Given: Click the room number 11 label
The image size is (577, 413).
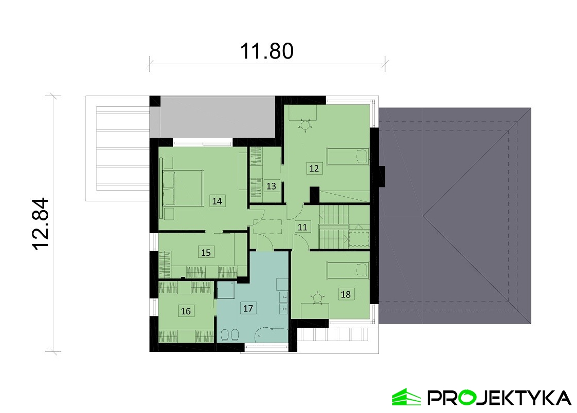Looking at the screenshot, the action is coord(302,227).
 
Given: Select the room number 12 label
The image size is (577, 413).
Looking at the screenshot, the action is coord(314,168).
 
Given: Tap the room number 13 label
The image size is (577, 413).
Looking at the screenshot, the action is coord(271,186).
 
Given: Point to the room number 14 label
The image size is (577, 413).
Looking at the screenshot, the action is coord(217,201).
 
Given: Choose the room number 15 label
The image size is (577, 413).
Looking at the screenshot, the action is coord(206,253).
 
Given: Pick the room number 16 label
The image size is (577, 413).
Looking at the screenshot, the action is coord(186,311).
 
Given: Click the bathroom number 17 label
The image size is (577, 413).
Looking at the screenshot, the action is coord(248,308).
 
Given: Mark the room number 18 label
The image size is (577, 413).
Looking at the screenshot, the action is coord(345,294).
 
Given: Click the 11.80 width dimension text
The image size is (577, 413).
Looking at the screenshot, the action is coord(267,51).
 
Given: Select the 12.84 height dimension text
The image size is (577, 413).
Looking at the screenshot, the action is coord(41,224).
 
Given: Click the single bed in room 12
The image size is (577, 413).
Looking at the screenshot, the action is coord(348,157).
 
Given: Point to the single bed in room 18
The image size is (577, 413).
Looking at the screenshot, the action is coord(348,271).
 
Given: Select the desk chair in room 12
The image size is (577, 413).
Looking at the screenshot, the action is coord(305,125).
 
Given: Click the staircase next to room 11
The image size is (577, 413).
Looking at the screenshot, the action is coord(333,227).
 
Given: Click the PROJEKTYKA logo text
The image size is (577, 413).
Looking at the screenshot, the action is coord(499,398).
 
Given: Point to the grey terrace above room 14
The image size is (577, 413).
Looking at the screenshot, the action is coord(214,117).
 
